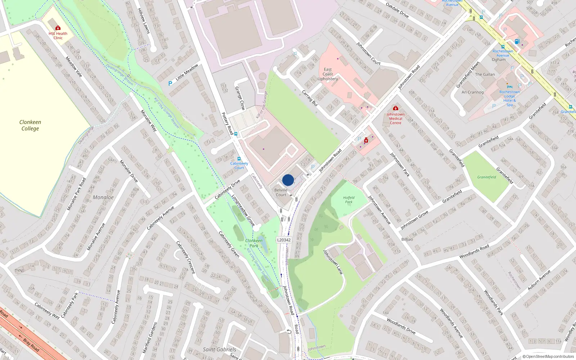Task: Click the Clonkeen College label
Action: (x=30, y=125)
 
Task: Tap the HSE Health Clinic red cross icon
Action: (x=58, y=28)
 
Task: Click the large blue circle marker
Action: (x=288, y=180)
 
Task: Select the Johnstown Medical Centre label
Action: (x=395, y=118)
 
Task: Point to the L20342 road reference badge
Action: (x=284, y=240)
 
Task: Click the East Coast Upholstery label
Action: (x=328, y=74)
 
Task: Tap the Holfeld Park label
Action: (x=348, y=200)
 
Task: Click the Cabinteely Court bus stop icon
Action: (x=239, y=159)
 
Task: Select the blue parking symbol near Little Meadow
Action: (x=170, y=84)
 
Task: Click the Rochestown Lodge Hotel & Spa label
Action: (x=509, y=98)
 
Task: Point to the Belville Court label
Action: (x=281, y=192)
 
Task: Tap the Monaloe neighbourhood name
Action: (x=103, y=197)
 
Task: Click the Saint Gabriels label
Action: (x=220, y=349)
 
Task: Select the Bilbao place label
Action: (x=407, y=239)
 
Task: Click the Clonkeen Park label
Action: (x=254, y=243)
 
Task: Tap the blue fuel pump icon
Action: (x=517, y=41)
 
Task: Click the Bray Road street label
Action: (x=31, y=345)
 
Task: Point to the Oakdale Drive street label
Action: (x=397, y=10)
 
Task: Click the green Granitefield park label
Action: (x=486, y=177)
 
